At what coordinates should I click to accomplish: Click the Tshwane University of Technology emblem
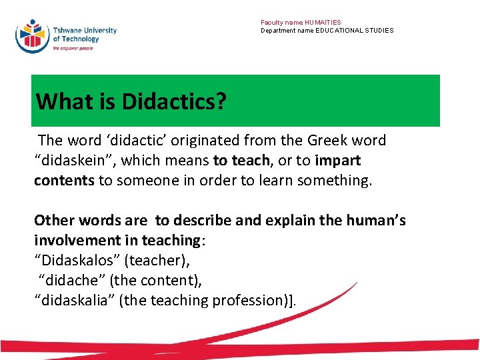pyautogui.click(x=32, y=35)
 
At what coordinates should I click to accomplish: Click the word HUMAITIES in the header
pyautogui.click(x=323, y=23)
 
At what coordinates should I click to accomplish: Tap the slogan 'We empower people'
pyautogui.click(x=73, y=48)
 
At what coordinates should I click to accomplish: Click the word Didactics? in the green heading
pyautogui.click(x=174, y=101)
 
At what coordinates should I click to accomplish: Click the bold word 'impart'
pyautogui.click(x=338, y=161)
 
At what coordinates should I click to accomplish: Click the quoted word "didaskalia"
pyautogui.click(x=74, y=301)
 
